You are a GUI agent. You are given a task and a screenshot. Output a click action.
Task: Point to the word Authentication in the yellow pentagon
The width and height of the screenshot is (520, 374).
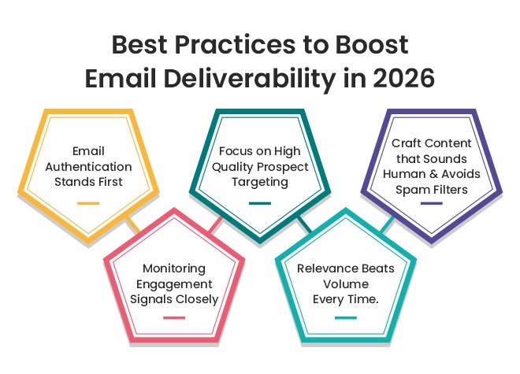click(88, 168)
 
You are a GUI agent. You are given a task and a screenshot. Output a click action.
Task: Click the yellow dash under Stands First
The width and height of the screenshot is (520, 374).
click(88, 203)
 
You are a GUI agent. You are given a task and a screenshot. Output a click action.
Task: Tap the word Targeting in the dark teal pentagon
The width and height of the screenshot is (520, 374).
click(259, 181)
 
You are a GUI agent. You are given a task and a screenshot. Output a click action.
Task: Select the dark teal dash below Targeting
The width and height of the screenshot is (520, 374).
click(259, 203)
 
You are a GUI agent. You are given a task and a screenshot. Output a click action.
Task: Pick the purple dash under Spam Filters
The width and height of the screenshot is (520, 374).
click(431, 203)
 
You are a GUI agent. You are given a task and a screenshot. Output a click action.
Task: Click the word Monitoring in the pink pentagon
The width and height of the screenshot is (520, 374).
click(174, 268)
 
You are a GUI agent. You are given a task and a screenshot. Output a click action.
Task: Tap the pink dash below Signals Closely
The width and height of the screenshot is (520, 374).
click(173, 318)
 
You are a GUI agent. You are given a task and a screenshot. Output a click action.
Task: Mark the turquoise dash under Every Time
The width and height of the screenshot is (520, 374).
click(345, 318)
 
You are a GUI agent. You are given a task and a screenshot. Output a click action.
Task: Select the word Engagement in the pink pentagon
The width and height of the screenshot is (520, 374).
click(174, 283)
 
